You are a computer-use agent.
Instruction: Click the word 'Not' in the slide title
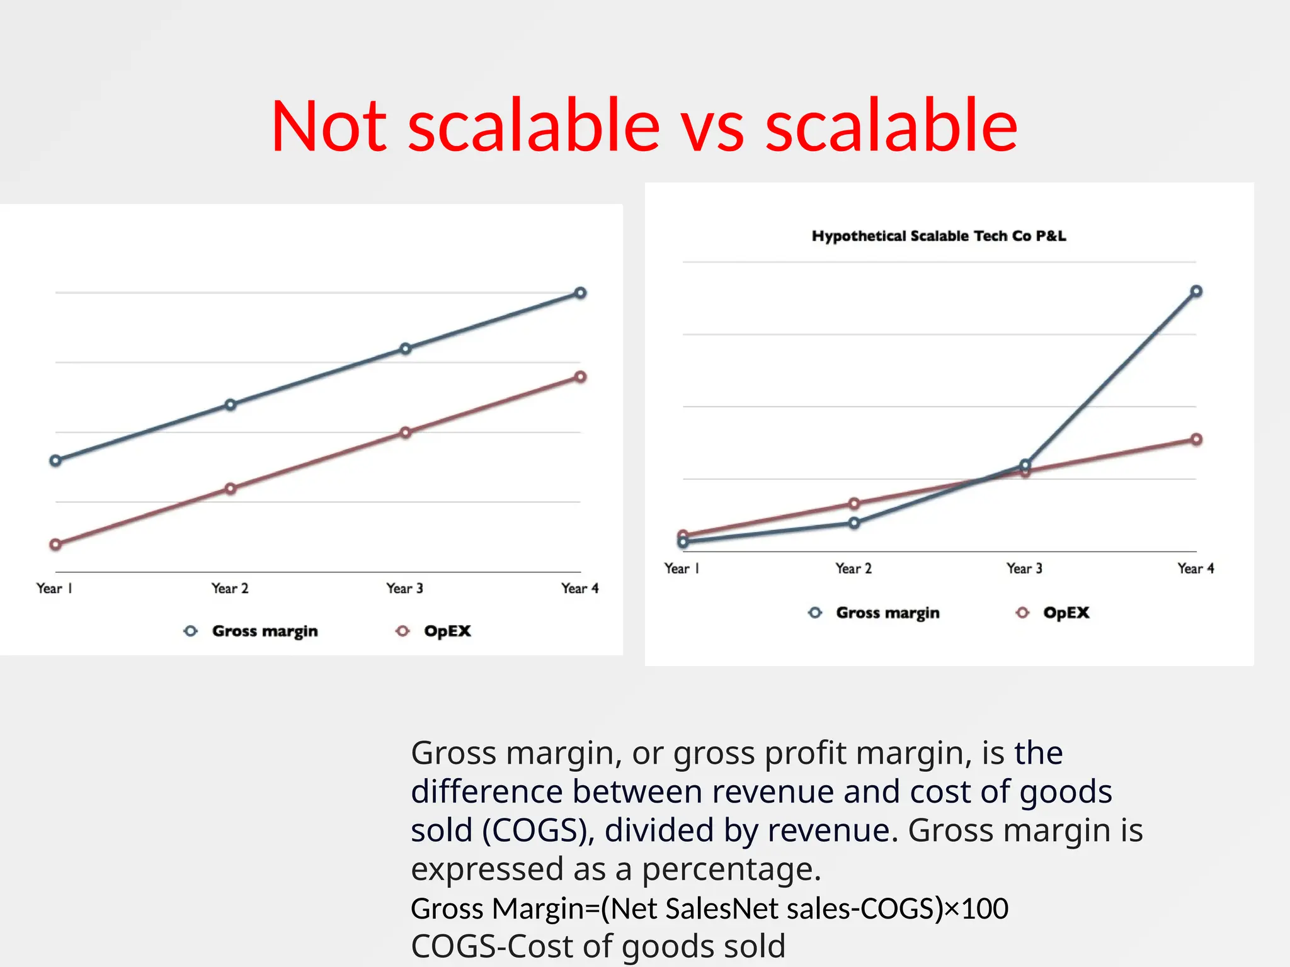329,126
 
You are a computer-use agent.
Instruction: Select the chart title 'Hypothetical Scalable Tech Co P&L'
939,236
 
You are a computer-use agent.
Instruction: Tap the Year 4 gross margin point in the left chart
580,293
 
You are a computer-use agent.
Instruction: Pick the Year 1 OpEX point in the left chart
55,545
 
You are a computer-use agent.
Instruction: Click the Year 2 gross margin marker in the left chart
231,405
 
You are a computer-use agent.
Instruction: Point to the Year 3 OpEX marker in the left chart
406,433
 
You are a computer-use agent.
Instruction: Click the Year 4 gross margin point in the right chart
1196,291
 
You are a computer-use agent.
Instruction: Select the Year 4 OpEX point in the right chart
1196,439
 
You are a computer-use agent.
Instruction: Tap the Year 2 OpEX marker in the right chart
854,504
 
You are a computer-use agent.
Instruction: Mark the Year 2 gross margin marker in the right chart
854,523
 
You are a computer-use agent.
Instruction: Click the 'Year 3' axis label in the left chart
404,589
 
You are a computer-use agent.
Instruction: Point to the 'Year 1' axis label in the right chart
682,568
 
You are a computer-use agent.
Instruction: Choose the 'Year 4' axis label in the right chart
1196,568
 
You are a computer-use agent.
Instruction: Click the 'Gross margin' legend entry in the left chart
264,631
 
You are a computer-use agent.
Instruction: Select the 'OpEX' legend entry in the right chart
1065,613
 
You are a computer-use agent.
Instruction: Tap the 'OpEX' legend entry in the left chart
447,631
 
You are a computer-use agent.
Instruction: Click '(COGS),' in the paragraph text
539,830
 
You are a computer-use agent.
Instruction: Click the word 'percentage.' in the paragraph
731,869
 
